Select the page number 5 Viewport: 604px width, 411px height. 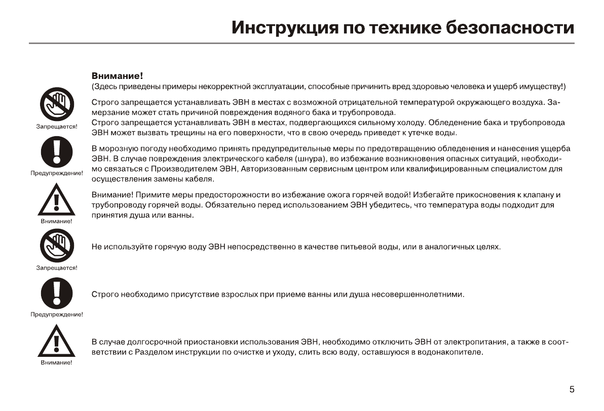pyautogui.click(x=572, y=389)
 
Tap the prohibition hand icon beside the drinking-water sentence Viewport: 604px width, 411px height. pyautogui.click(x=56, y=245)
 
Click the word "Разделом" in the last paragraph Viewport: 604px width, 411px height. pyautogui.click(x=152, y=352)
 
